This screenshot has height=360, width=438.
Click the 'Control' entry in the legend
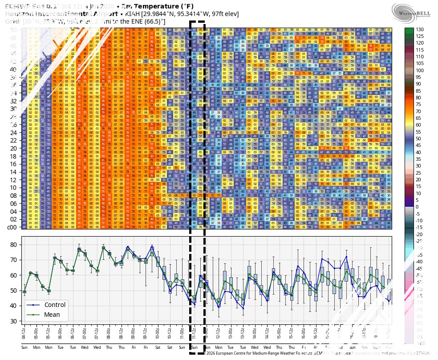[x=54, y=305]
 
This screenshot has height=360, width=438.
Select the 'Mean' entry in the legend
[x=52, y=315]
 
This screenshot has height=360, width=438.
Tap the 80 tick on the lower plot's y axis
[x=13, y=245]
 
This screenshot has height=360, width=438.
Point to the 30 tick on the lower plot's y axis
[x=13, y=321]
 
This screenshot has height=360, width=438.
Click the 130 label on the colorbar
[x=419, y=29]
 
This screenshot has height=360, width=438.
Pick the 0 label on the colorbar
[x=417, y=207]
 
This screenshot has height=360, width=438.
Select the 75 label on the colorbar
[x=418, y=104]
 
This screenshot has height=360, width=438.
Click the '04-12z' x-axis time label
[x=24, y=334]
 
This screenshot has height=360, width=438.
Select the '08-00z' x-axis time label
[x=109, y=334]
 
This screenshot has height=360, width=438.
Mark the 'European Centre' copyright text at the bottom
[x=249, y=353]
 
